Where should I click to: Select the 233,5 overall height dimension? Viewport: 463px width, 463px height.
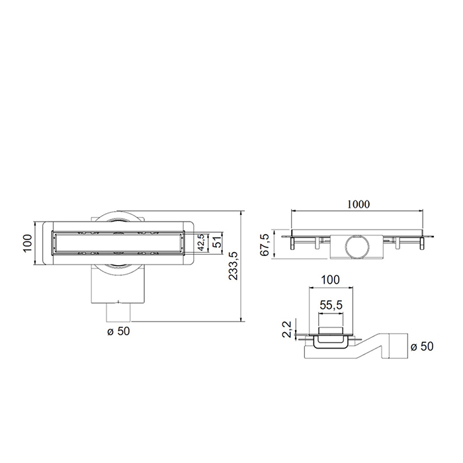233,267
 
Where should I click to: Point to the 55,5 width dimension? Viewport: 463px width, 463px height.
331,307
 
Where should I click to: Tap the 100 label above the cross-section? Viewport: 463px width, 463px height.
330,280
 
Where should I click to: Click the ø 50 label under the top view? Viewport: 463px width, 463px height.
119,331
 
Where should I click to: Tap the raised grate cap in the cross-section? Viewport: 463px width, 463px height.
330,330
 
